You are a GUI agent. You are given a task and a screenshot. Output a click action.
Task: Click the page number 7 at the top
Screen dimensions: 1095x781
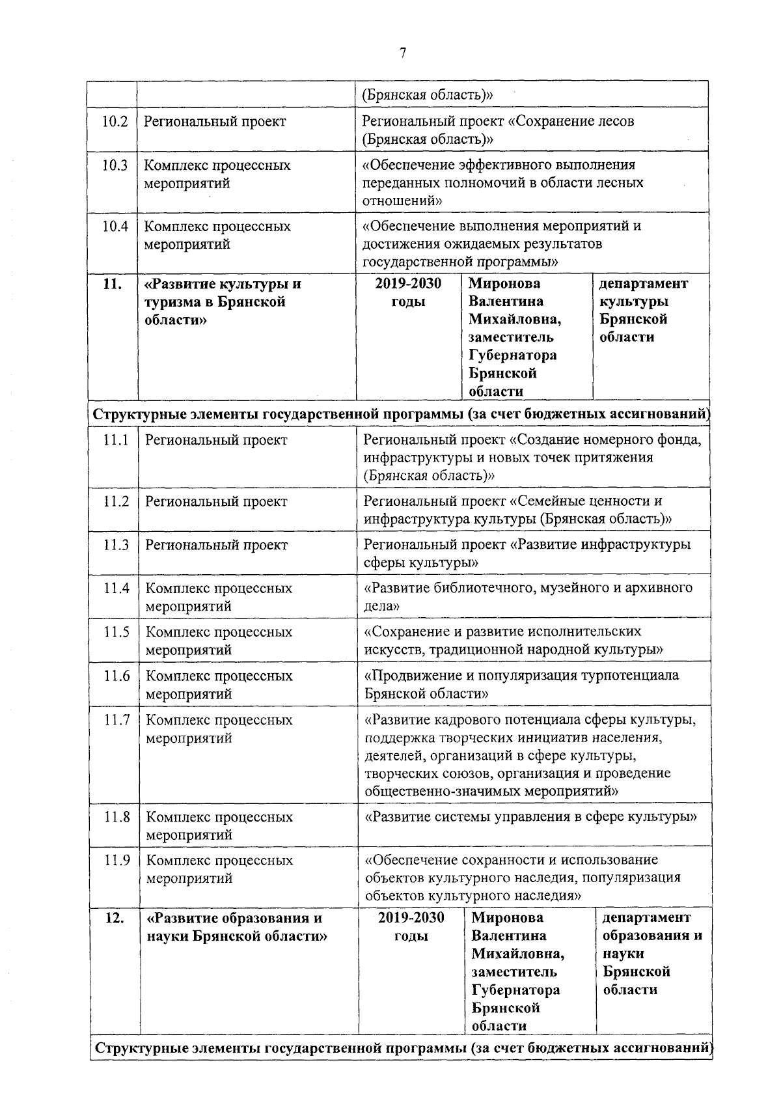coord(403,53)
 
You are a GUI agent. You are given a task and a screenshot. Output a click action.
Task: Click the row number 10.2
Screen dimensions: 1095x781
coord(115,122)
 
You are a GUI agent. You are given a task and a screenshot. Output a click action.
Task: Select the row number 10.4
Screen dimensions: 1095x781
coord(115,227)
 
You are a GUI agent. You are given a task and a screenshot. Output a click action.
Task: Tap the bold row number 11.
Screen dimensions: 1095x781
coord(113,284)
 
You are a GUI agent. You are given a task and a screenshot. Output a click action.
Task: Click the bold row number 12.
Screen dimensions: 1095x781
coord(115,919)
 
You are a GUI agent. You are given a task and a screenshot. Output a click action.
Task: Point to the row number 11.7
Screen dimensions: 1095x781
coord(116,720)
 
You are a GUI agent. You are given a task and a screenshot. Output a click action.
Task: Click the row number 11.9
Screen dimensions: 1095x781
coord(116,861)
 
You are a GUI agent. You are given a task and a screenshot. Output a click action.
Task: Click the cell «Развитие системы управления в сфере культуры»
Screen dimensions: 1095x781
coord(530,817)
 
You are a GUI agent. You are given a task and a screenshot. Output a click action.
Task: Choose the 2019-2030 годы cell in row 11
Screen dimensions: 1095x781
coord(409,292)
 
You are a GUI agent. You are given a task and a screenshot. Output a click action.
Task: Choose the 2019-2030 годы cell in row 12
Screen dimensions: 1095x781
coord(411,927)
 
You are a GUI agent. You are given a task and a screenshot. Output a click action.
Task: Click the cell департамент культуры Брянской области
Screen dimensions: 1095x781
coord(642,310)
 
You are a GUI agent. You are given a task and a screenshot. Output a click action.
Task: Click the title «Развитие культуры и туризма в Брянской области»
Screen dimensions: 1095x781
coord(223,301)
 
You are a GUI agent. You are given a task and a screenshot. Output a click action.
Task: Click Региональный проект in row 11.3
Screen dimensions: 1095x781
coord(216,545)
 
